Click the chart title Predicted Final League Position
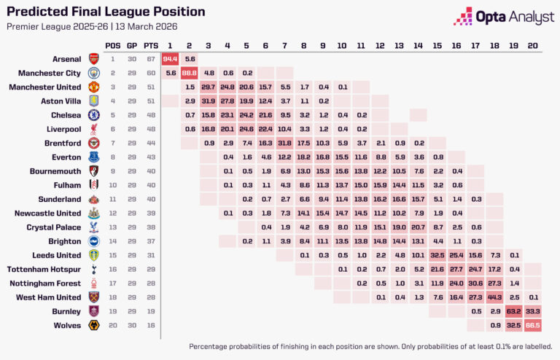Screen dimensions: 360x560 (x=105, y=12)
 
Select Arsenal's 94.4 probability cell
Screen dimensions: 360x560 (x=171, y=58)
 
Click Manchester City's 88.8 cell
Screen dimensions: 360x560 (x=190, y=73)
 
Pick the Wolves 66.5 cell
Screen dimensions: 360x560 (x=533, y=325)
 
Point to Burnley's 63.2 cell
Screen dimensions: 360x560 (x=513, y=311)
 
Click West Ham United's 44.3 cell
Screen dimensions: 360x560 (x=494, y=297)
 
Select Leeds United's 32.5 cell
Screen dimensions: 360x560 (x=437, y=255)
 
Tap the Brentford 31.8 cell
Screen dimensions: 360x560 (x=284, y=143)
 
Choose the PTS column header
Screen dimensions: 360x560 (x=151, y=45)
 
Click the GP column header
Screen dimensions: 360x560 (x=132, y=45)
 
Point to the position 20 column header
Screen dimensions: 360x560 (x=533, y=45)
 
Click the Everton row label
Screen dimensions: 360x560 (x=66, y=157)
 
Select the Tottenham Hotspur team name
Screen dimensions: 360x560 (x=48, y=269)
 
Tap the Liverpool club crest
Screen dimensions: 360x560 (x=93, y=129)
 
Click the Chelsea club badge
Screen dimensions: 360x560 (x=93, y=115)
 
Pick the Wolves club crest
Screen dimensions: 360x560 (x=93, y=325)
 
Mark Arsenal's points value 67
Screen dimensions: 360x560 (x=151, y=58)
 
